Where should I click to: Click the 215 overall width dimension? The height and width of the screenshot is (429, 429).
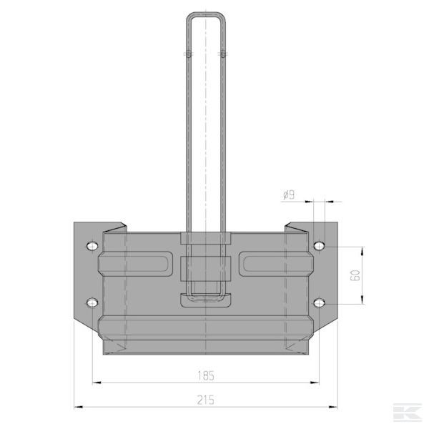(x=205, y=400)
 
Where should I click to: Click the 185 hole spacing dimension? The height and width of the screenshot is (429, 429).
(x=206, y=375)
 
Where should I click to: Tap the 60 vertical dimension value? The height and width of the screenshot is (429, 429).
(x=355, y=275)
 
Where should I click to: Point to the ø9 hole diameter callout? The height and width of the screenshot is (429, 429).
(x=289, y=195)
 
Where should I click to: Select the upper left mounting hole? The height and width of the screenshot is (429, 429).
(x=92, y=246)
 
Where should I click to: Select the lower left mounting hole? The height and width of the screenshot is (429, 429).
(x=92, y=302)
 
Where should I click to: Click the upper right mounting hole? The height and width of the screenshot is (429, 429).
(x=320, y=246)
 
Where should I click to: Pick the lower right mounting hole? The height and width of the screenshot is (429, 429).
(x=320, y=302)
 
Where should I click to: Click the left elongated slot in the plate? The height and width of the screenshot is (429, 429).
(x=136, y=264)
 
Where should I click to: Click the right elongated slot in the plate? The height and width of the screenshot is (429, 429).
(x=276, y=264)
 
